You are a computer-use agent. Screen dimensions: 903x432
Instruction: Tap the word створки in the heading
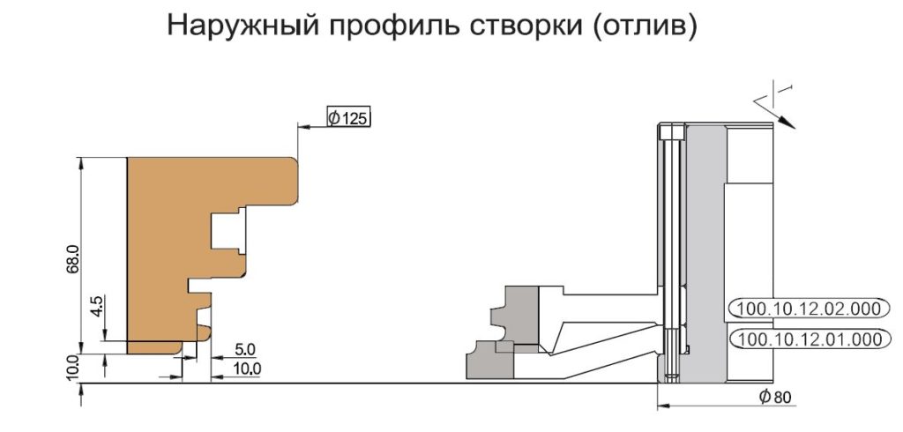524,26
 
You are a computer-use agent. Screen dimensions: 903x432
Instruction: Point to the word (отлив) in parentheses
641,26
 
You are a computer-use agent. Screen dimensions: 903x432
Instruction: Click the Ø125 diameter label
348,117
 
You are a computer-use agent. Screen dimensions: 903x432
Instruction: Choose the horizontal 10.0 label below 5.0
248,368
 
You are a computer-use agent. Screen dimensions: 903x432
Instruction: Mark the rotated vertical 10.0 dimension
72,368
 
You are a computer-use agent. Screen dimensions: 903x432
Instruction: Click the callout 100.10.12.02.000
806,309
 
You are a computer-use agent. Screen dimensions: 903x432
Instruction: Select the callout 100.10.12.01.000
806,339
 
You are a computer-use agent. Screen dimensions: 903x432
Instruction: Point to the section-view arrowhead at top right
787,123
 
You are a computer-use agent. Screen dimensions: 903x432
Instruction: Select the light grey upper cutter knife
514,315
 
